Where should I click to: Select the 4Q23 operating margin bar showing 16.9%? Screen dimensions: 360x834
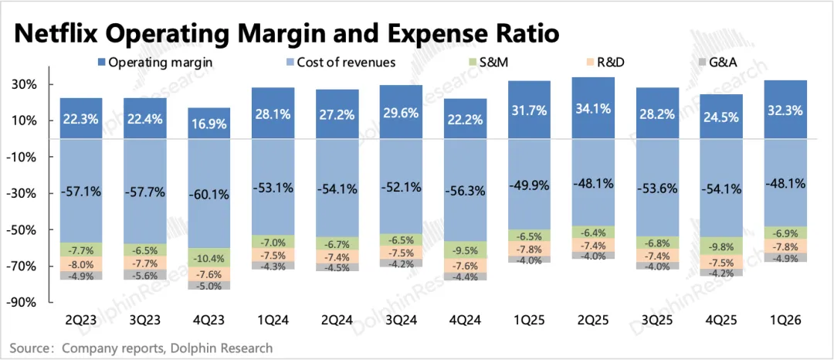210,124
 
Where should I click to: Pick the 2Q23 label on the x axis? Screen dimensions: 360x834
81,319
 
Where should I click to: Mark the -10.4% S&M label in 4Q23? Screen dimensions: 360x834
210,236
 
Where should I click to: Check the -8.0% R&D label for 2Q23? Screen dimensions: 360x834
81,263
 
